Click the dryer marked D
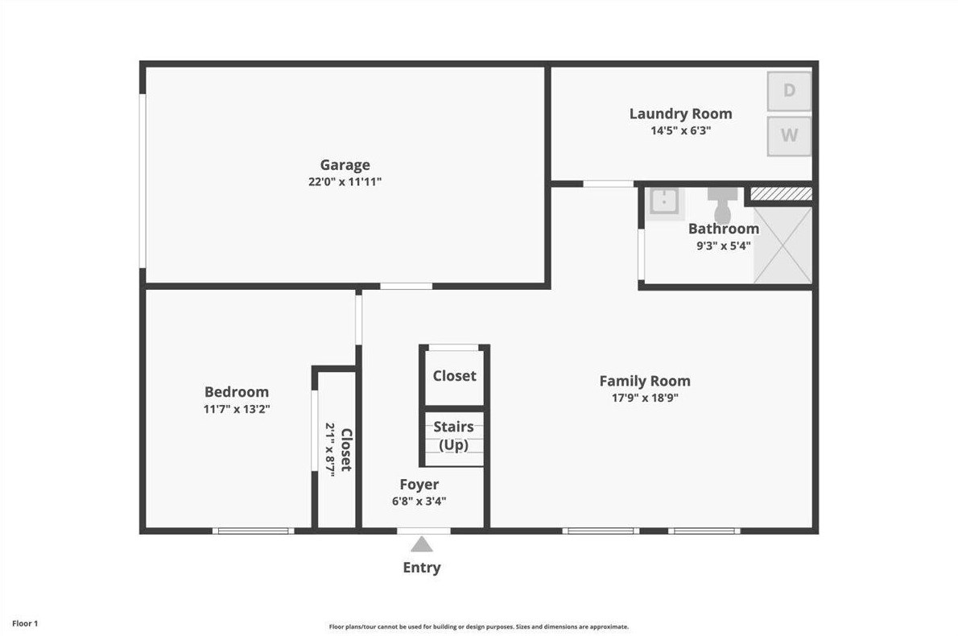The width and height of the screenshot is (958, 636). [x=789, y=91]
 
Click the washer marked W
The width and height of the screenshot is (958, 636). [x=789, y=135]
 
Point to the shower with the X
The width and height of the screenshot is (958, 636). [x=782, y=245]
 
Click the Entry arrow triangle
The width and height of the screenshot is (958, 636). [x=422, y=544]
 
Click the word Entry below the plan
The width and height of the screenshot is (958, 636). [x=422, y=568]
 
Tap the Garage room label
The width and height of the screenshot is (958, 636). [x=345, y=165]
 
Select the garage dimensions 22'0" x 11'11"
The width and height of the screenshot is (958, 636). [x=345, y=182]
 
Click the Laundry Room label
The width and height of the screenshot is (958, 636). [x=680, y=114]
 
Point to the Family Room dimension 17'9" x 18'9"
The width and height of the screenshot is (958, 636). [x=644, y=397]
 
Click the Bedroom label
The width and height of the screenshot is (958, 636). [x=236, y=392]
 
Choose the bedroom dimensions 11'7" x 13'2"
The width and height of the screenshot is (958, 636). [x=236, y=408]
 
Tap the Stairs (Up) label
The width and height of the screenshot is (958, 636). [x=454, y=436]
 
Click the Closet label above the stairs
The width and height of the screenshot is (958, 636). [x=454, y=376]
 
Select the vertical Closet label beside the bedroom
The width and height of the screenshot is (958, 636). [x=345, y=449]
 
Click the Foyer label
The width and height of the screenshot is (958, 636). [x=419, y=485]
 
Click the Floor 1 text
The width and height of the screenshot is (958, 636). [x=24, y=623]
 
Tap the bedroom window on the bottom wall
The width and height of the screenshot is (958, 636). [x=253, y=531]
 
